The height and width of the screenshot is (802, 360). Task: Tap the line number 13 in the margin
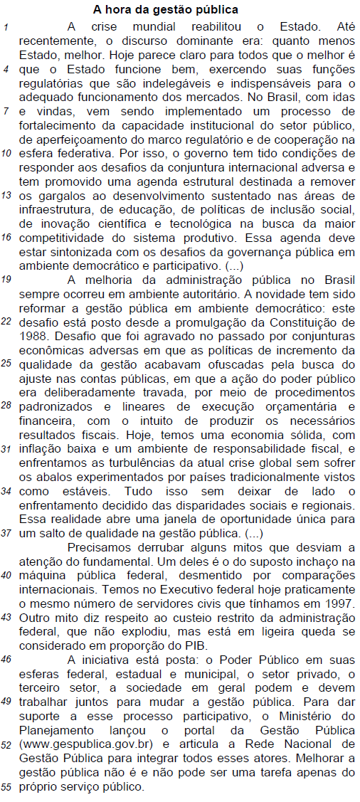[6, 194]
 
